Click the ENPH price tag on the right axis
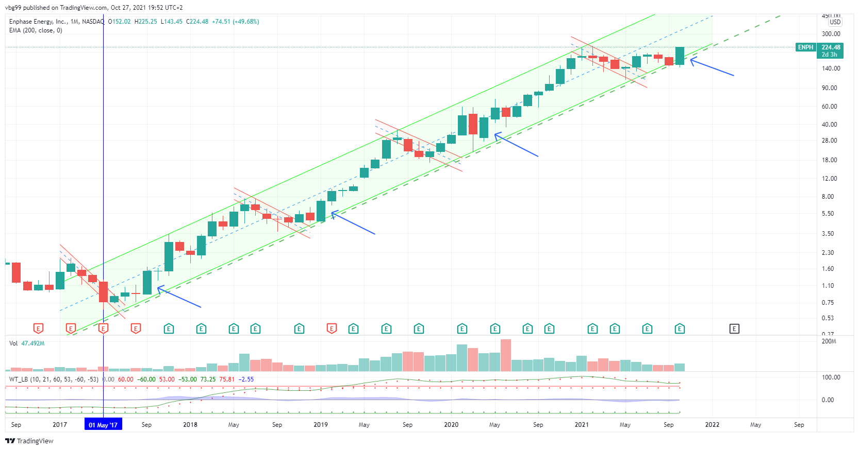point(805,47)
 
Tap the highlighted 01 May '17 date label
point(103,425)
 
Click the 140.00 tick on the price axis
point(830,68)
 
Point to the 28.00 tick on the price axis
point(829,141)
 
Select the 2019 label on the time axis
point(321,425)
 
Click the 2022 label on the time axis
point(712,425)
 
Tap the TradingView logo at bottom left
point(29,441)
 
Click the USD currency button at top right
point(835,22)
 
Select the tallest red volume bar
point(506,355)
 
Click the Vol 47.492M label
point(27,343)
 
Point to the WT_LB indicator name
point(19,379)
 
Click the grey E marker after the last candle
point(734,328)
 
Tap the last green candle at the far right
point(680,56)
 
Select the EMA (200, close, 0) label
point(36,30)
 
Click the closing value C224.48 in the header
point(197,22)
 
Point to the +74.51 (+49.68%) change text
point(236,22)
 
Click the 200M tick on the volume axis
point(829,341)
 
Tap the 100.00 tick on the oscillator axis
point(831,377)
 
